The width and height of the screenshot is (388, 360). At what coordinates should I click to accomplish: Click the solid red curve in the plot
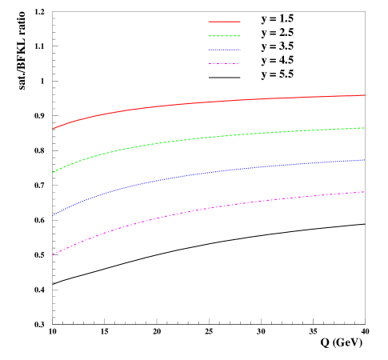[x=208, y=102]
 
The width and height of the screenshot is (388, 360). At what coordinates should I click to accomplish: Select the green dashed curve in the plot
[x=208, y=137]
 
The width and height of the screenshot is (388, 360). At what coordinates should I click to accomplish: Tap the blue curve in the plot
[x=208, y=172]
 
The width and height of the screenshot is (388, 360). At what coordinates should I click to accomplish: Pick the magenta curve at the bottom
[x=208, y=208]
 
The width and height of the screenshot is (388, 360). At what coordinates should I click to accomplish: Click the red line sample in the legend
[x=224, y=22]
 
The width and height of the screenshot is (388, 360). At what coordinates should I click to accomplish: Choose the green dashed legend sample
[x=224, y=36]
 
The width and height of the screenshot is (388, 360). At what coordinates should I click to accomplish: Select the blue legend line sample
[x=224, y=50]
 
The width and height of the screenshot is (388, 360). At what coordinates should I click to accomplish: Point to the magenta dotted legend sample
[x=224, y=63]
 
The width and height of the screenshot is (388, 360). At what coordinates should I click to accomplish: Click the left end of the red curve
[x=53, y=128]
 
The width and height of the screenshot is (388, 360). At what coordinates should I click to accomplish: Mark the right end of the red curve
[x=365, y=95]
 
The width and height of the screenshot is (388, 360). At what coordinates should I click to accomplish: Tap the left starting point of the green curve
[x=53, y=172]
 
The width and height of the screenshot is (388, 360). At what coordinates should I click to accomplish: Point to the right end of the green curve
[x=365, y=128]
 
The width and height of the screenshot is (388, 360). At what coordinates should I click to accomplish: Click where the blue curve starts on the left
[x=53, y=215]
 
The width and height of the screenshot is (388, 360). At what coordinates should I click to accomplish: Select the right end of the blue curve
[x=365, y=160]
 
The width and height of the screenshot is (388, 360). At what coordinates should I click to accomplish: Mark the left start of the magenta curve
[x=53, y=254]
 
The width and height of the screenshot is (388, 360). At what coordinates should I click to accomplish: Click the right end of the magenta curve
[x=365, y=192]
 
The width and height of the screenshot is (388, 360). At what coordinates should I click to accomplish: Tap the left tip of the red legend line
[x=210, y=22]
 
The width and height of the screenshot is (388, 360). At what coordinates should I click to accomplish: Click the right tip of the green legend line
[x=239, y=36]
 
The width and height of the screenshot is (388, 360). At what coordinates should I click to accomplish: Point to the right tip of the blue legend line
[x=239, y=50]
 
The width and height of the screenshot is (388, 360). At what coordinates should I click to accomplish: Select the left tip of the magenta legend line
[x=210, y=63]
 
